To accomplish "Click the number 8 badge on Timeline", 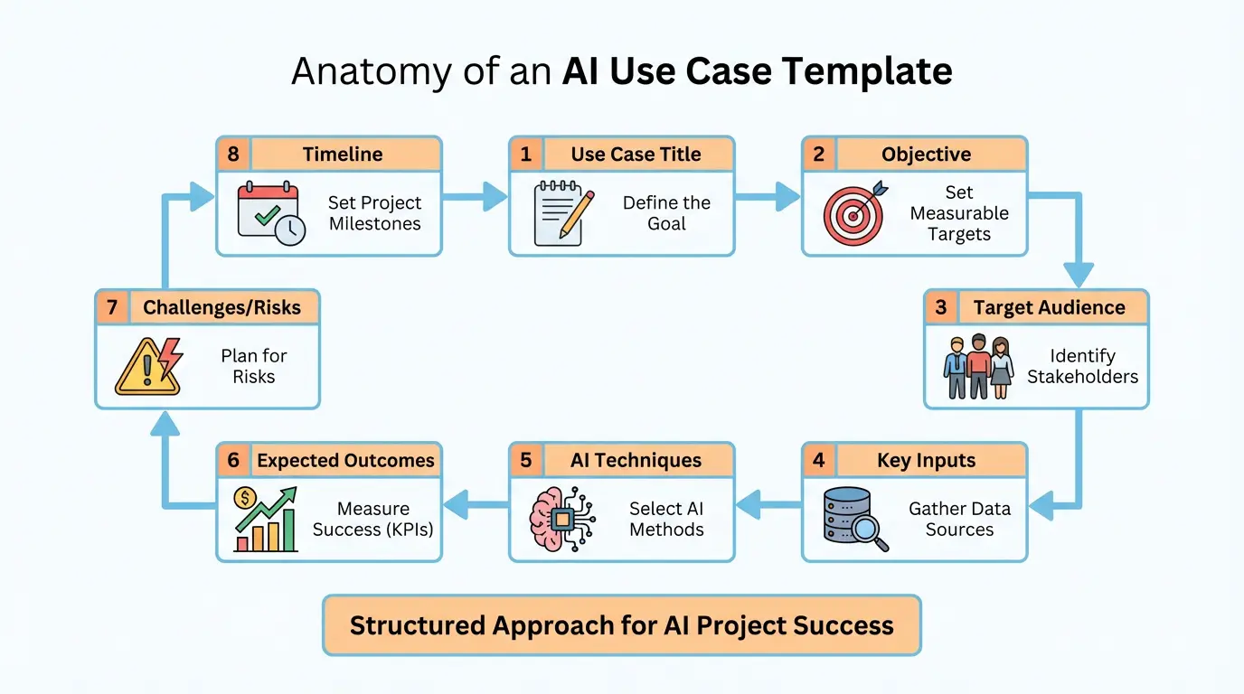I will (x=234, y=155).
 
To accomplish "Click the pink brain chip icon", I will (x=561, y=520).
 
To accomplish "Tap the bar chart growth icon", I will (x=265, y=520).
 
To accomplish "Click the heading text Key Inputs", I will (x=926, y=461).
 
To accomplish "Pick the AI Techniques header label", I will (x=636, y=461).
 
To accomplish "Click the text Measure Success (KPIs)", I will (x=373, y=520).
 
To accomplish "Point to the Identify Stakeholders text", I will (x=1082, y=367).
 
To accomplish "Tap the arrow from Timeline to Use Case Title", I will (x=476, y=196).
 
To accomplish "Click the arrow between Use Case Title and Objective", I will (x=768, y=196).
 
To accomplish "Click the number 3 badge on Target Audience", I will (x=941, y=307).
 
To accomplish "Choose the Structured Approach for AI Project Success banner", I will (x=622, y=625).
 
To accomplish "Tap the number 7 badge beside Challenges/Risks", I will (x=112, y=307).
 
